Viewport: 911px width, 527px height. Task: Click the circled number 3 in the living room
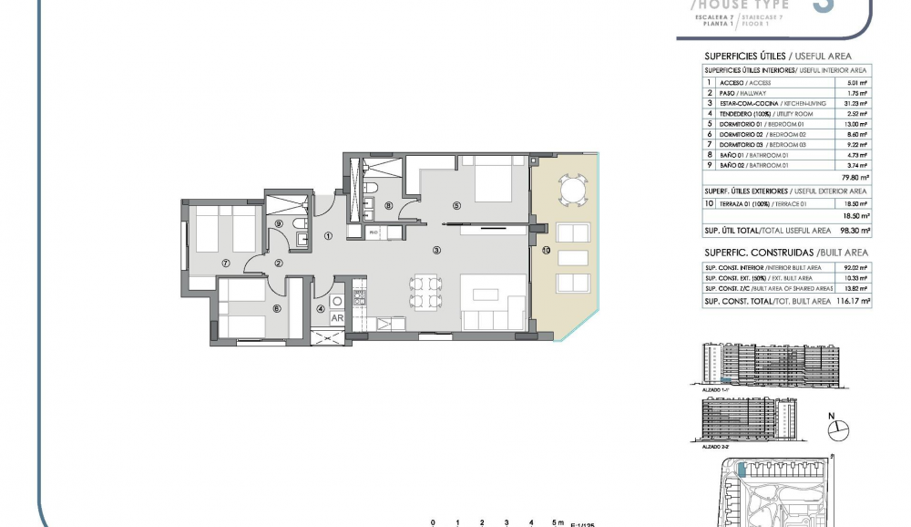point(436,250)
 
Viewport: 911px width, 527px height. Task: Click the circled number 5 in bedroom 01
point(456,206)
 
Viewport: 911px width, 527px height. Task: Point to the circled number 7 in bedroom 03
point(224,263)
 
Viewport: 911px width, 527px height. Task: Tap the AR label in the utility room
point(336,318)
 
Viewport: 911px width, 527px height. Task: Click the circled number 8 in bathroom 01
point(389,206)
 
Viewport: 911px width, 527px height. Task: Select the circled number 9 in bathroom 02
point(280,222)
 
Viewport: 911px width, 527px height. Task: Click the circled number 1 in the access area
point(328,236)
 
